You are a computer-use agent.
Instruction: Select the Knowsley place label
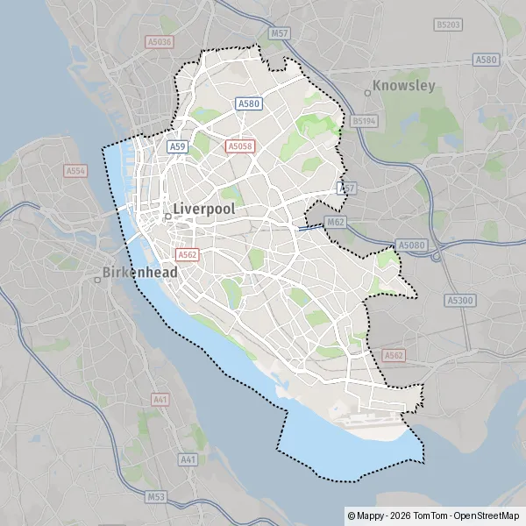(x=403, y=86)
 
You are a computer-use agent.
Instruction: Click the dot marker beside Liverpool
(x=167, y=215)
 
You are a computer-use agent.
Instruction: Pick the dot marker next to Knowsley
(x=367, y=92)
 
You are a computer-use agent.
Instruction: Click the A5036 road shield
(x=160, y=40)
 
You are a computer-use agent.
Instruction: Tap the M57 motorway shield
(x=280, y=33)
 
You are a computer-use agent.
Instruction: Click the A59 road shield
(x=178, y=146)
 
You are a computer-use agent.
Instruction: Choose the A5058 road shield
(x=239, y=146)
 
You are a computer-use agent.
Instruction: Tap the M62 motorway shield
(x=334, y=223)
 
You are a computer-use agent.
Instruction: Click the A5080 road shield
(x=410, y=245)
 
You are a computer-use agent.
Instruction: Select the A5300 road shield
(x=459, y=299)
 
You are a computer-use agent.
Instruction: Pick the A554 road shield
(x=75, y=171)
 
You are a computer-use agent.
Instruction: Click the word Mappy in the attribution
(x=371, y=516)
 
